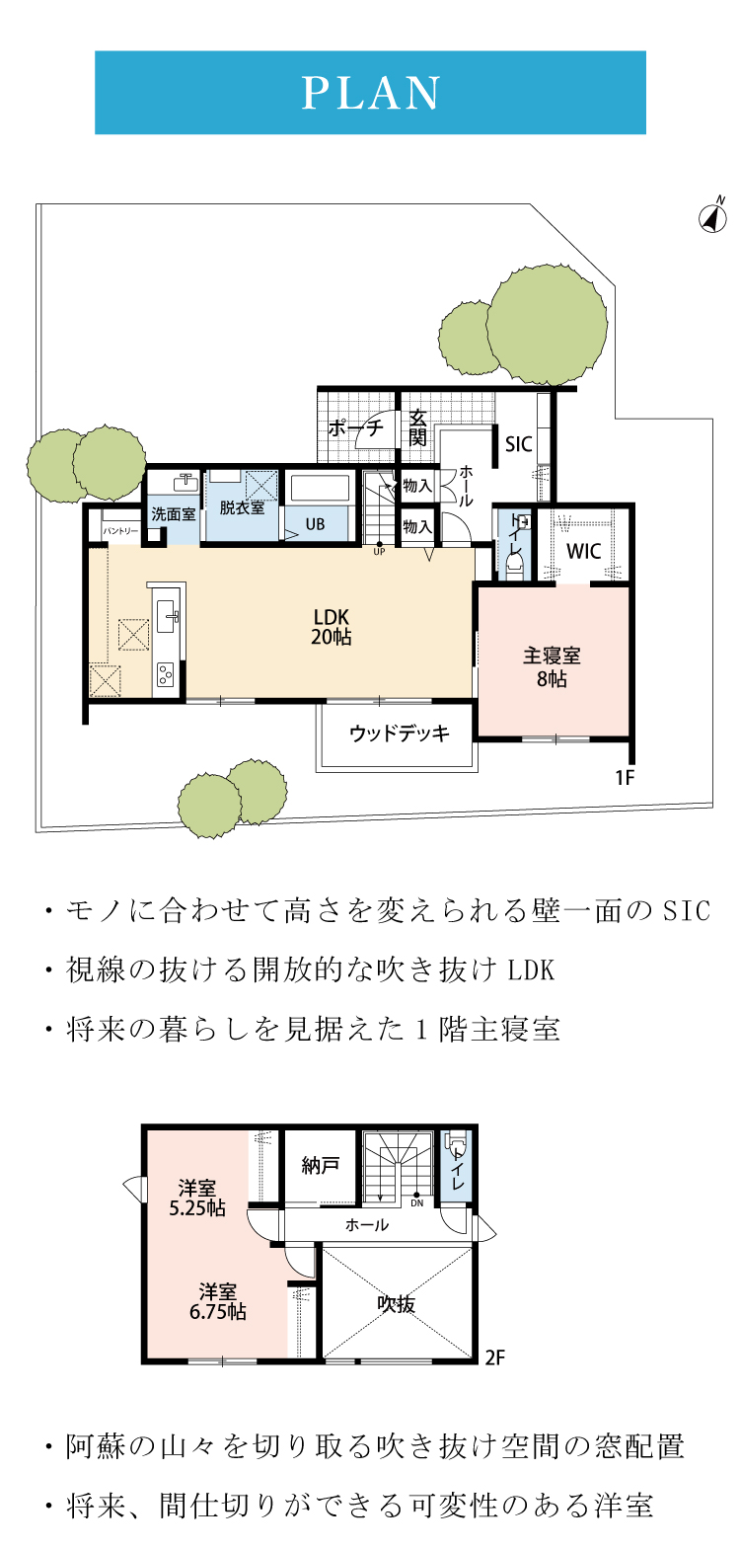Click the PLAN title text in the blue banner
(x=370, y=93)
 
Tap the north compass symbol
(x=713, y=217)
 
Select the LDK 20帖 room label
(x=331, y=627)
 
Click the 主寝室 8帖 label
(x=552, y=666)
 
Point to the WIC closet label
(x=584, y=551)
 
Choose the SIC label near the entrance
(x=518, y=444)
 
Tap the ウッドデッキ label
(x=400, y=733)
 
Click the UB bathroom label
(x=315, y=524)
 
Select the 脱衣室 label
(x=242, y=507)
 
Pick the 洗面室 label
(x=174, y=513)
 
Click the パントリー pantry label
(x=120, y=531)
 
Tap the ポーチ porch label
(x=355, y=428)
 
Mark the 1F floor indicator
(x=625, y=778)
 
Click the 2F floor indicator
(x=494, y=1357)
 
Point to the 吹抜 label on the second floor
(x=396, y=1304)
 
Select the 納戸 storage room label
(x=320, y=1166)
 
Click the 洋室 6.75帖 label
(x=218, y=1301)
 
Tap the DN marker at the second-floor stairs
(x=416, y=1202)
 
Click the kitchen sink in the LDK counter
(x=168, y=615)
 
